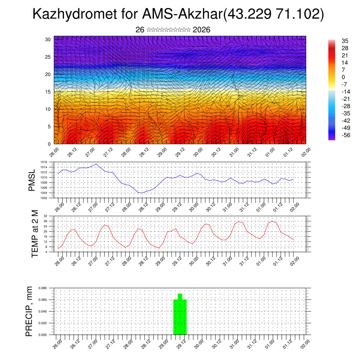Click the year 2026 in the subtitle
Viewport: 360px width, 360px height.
[x=201, y=30]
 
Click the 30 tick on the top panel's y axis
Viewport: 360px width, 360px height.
[x=48, y=39]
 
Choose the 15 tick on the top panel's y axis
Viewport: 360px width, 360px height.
[x=48, y=92]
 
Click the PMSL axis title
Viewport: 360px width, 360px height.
[x=32, y=180]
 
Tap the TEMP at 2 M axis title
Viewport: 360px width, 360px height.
[x=35, y=233]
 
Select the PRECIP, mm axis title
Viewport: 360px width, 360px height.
[x=30, y=311]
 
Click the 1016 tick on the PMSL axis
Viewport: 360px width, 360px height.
[x=44, y=162]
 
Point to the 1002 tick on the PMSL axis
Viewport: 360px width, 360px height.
[x=44, y=198]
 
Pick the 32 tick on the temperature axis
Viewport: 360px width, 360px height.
[x=45, y=216]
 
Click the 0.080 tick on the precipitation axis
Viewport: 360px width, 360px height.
[x=42, y=288]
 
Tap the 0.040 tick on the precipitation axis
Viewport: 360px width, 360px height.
[x=42, y=311]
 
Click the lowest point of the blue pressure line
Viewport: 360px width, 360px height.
[x=142, y=193]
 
